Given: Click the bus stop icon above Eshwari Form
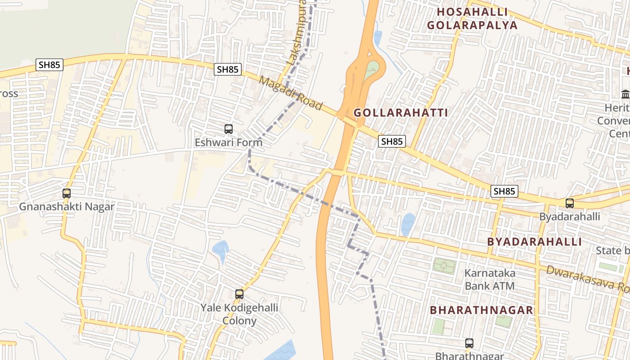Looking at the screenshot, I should point(229,129).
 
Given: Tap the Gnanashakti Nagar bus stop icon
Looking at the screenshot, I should point(67,193).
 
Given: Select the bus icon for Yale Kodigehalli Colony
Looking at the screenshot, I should point(239,294).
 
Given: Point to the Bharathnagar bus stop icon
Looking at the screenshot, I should point(469,343).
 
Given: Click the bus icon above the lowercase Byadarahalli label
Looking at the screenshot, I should point(570,203).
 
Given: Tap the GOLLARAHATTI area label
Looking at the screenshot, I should point(400,112).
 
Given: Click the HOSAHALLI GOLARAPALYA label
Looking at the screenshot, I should point(472,18).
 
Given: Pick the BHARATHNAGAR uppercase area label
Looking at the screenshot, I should point(481,310).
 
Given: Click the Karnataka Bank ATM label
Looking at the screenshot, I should point(490,279).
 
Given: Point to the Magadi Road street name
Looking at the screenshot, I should point(291,93).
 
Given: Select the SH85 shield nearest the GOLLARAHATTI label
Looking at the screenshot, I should point(391,141).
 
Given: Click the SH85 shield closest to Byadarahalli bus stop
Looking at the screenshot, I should point(504,191).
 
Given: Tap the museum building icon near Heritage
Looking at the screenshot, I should point(625,94).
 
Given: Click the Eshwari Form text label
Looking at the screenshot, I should point(228,142).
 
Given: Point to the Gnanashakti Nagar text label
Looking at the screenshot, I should point(67,207).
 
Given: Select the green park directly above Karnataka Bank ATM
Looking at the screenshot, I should point(444,265).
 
